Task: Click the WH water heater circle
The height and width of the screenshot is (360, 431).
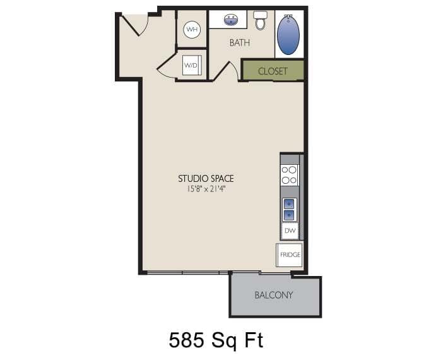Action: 192,30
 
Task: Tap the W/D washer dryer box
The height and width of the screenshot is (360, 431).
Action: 191,65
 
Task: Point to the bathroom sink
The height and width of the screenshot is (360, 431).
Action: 230,20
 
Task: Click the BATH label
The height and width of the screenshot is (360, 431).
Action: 239,43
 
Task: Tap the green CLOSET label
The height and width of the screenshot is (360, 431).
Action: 273,71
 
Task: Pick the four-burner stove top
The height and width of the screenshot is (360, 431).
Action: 289,174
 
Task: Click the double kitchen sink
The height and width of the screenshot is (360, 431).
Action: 289,209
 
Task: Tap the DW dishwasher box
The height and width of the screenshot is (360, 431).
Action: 290,231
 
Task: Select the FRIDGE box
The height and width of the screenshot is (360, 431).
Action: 290,255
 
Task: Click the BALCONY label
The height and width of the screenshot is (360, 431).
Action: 273,295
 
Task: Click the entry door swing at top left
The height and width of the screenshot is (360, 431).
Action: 134,24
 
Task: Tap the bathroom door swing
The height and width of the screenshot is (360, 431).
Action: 223,71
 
